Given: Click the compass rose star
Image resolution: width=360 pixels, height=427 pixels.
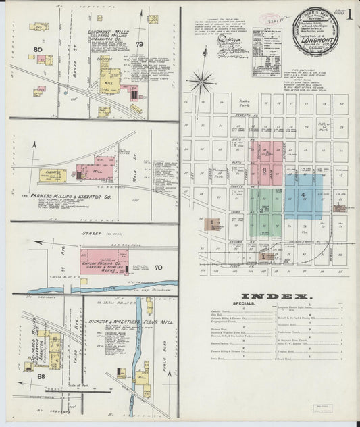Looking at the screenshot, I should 201,82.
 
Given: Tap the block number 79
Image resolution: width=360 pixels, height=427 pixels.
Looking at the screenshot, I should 140,45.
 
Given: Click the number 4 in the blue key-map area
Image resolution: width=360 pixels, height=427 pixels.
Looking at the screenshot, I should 303,195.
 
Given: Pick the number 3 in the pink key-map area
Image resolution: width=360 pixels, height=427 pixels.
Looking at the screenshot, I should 264,170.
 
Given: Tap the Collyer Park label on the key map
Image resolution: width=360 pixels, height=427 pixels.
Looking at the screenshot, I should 324,126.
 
